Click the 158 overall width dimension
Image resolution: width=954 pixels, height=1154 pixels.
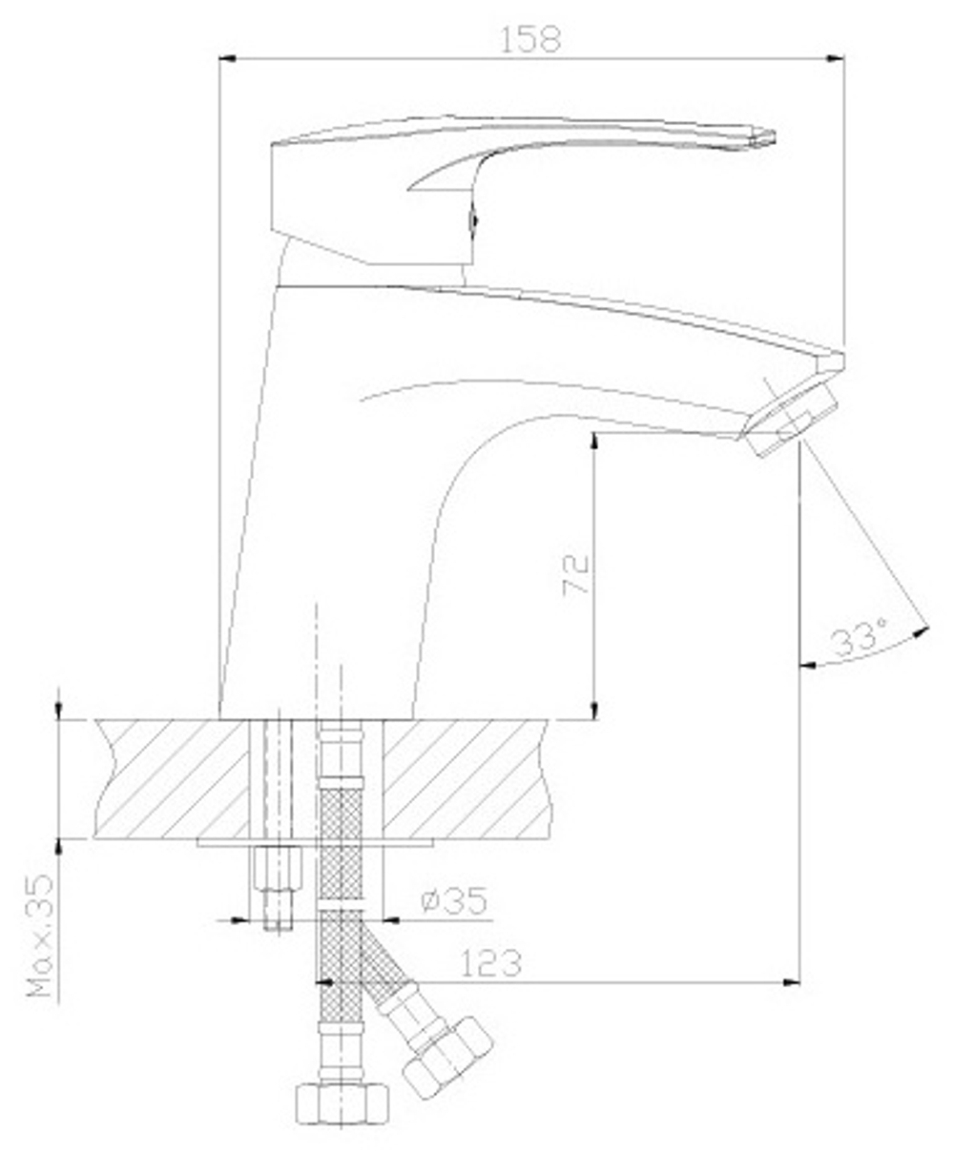(x=529, y=40)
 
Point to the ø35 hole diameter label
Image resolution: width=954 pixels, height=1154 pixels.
(x=453, y=900)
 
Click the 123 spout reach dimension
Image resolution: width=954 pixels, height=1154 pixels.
(x=491, y=963)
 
